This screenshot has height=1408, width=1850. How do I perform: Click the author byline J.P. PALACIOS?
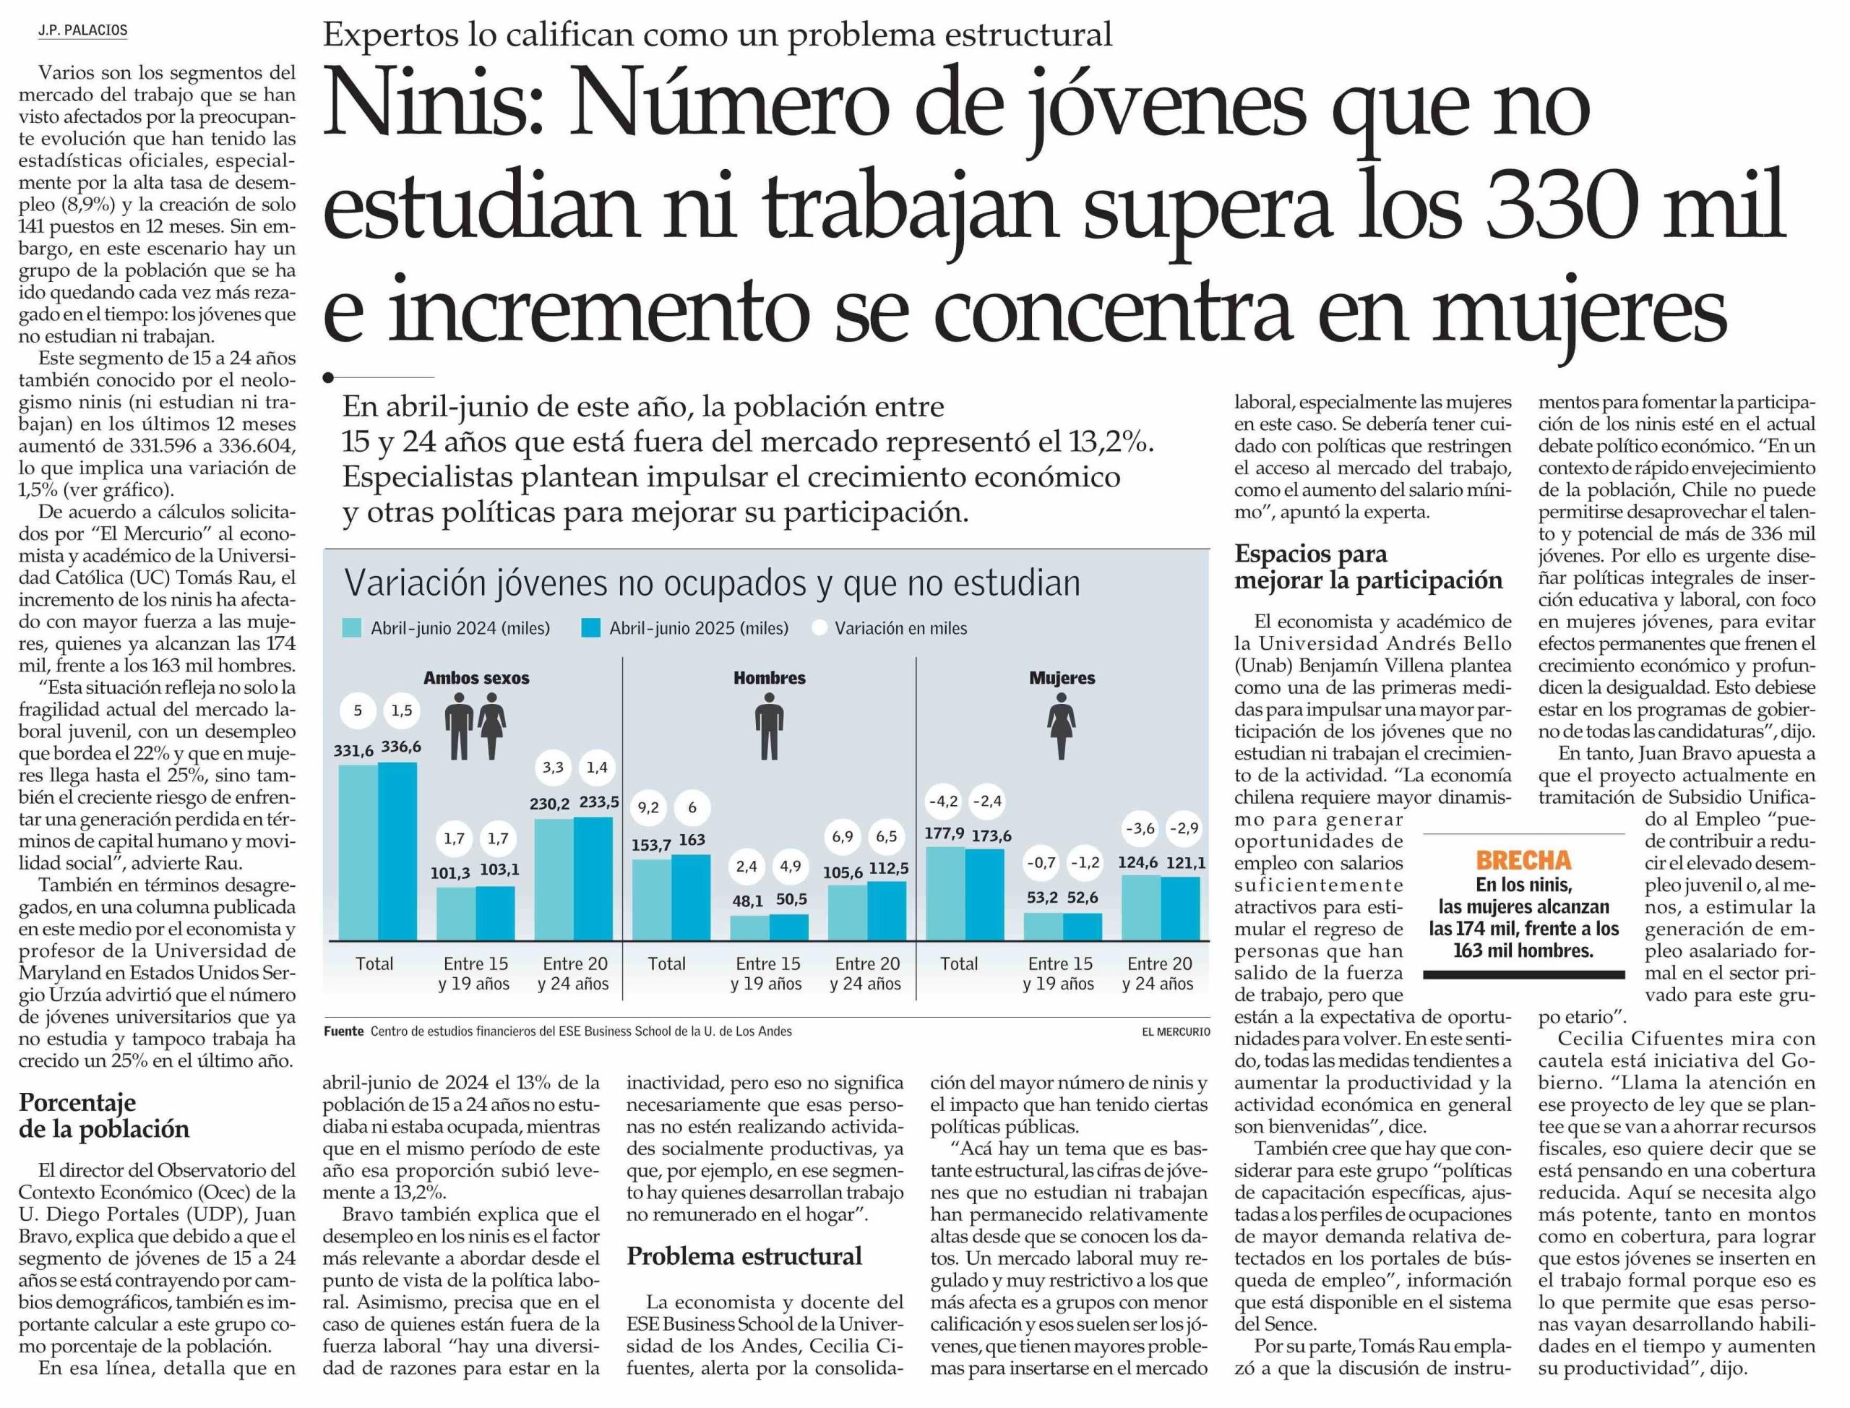[82, 31]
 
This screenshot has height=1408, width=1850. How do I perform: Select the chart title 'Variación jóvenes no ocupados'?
[713, 583]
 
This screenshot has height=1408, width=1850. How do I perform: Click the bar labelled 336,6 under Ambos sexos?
[397, 851]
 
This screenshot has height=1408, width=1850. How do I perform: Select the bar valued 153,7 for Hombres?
[651, 899]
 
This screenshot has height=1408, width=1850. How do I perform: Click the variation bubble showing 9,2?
[647, 808]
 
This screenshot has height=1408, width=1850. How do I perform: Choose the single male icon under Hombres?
[768, 731]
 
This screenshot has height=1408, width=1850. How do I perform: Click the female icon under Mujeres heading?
[1061, 731]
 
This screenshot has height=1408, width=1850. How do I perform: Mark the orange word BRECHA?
[1523, 861]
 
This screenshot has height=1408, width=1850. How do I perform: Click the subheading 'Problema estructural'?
[744, 1256]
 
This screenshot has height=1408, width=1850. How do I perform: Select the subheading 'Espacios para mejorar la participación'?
[1368, 567]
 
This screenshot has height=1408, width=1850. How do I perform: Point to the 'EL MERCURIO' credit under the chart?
[1175, 1031]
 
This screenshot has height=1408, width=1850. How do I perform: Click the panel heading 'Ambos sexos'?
[476, 678]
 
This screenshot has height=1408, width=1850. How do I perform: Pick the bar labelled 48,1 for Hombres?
[749, 928]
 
